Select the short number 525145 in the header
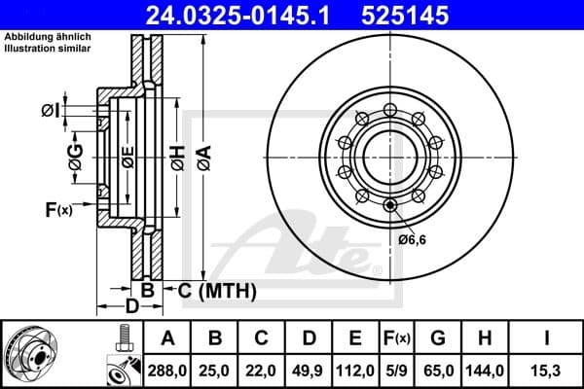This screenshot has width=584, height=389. [x=433, y=16]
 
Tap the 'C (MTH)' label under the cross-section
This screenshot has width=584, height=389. [x=216, y=290]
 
